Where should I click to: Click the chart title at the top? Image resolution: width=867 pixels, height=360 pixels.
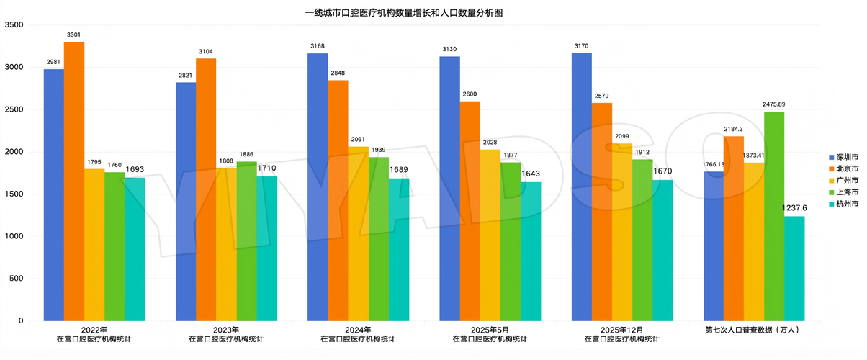pos(404,13)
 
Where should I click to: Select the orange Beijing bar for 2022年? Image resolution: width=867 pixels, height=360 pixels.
pos(74,181)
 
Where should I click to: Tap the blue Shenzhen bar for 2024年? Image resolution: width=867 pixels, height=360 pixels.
pos(318,187)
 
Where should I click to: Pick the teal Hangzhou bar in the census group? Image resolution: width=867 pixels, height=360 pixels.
pos(794,269)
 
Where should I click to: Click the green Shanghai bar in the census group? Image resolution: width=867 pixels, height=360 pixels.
pos(774,217)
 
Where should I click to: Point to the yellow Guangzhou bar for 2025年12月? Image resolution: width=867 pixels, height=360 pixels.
pos(622,233)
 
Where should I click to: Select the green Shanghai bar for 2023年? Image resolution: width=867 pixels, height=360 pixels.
pos(246,241)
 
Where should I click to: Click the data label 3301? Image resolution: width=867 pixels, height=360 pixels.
pos(73,35)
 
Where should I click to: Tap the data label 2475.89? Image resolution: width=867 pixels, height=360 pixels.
pos(774,104)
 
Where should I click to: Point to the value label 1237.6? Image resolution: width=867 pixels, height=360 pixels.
pos(794,208)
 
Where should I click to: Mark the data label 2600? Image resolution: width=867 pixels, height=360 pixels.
pos(470,94)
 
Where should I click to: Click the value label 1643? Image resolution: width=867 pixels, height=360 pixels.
pos(531,174)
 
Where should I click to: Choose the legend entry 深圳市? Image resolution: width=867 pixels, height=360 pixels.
pos(844,157)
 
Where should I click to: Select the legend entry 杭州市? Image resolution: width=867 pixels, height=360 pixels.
pos(844,204)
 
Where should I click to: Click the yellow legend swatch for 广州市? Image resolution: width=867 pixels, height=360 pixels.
pos(832,181)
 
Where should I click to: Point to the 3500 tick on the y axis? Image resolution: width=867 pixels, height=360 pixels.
pos(14,24)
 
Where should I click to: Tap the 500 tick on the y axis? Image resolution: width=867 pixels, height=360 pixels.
pos(17,279)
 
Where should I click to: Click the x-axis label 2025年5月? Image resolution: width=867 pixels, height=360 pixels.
pos(490,330)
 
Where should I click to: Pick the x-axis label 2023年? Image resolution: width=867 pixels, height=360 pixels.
pos(226,330)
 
